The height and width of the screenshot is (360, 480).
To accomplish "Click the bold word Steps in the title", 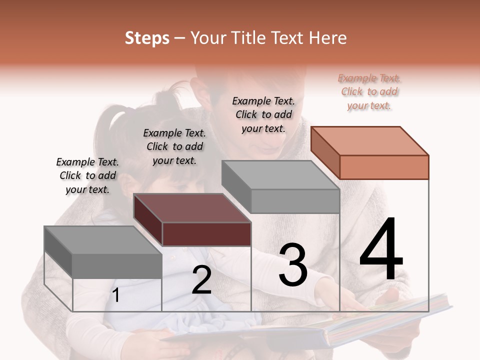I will [x=147, y=38].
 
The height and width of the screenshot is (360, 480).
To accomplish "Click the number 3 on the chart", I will [x=293, y=264].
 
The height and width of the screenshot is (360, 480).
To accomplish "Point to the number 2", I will [x=201, y=280].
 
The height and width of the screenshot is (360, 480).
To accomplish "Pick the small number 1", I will [x=116, y=295].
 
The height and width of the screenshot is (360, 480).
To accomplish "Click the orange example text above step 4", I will [x=369, y=92].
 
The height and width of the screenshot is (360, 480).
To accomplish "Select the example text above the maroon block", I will [x=174, y=146].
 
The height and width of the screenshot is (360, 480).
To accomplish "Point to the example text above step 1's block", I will [x=87, y=175].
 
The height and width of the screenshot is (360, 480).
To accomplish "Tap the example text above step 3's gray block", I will [x=263, y=114].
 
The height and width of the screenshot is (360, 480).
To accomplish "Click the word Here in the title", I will [x=327, y=38].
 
